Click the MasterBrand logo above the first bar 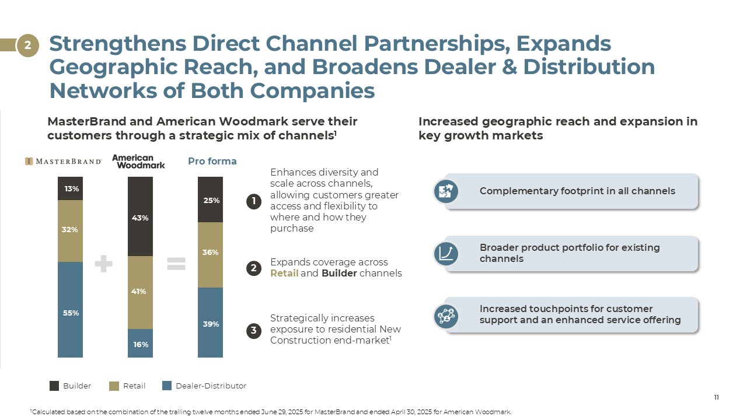click(x=63, y=161)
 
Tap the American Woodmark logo click(x=138, y=161)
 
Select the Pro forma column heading click(x=212, y=161)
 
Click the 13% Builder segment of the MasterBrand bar click(x=71, y=188)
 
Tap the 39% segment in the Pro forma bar click(x=211, y=323)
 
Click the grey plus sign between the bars click(x=103, y=264)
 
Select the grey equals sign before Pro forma click(x=176, y=264)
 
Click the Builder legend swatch click(x=54, y=386)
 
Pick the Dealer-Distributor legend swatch click(x=167, y=386)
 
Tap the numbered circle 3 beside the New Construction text click(x=254, y=331)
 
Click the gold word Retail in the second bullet click(x=284, y=273)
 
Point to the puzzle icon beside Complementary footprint click(x=446, y=191)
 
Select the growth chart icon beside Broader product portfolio click(x=446, y=253)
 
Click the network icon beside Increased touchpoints click(x=446, y=315)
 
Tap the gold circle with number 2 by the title click(x=27, y=45)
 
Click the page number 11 click(x=716, y=397)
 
